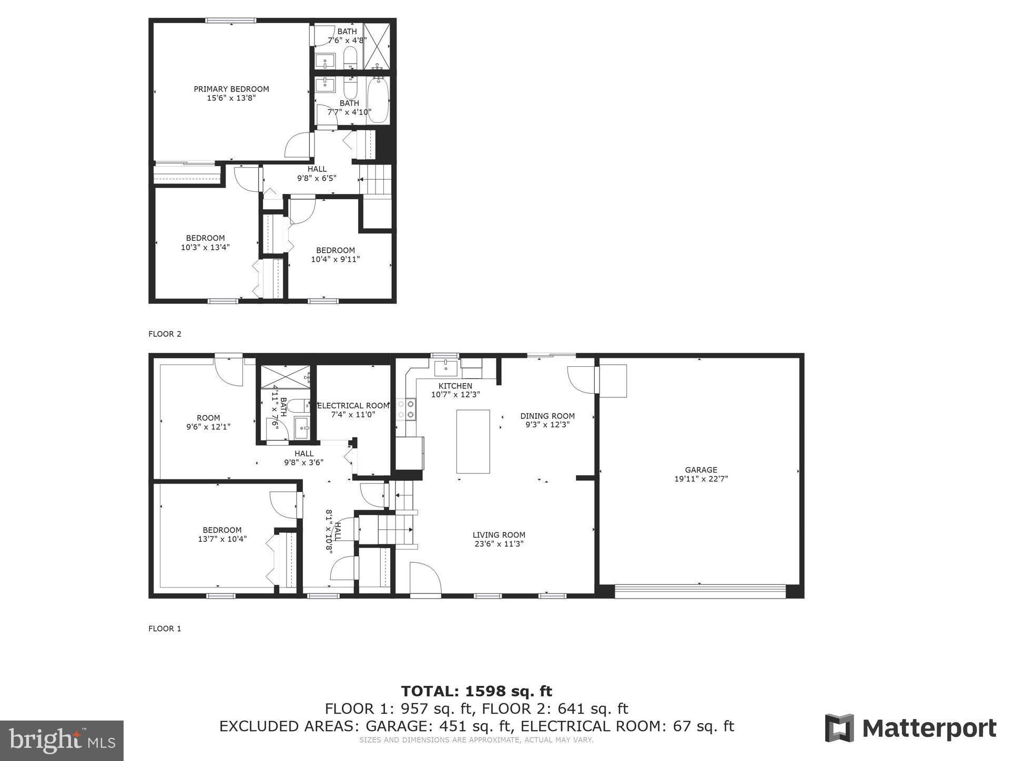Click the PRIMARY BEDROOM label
pyautogui.click(x=231, y=89)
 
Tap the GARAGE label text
pyautogui.click(x=701, y=470)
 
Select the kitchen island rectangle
pyautogui.click(x=473, y=441)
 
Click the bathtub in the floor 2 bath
pyautogui.click(x=378, y=100)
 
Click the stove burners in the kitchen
pyautogui.click(x=406, y=409)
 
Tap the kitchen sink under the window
pyautogui.click(x=446, y=366)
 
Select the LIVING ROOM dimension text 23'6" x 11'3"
pyautogui.click(x=499, y=544)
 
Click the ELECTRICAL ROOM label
pyautogui.click(x=353, y=406)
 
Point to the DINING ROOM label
pyautogui.click(x=547, y=416)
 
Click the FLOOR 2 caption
pyautogui.click(x=165, y=334)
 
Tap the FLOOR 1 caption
pyautogui.click(x=165, y=629)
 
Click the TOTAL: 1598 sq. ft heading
pyautogui.click(x=476, y=691)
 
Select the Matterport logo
pyautogui.click(x=910, y=728)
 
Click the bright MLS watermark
pyautogui.click(x=62, y=741)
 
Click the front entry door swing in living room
pyautogui.click(x=424, y=580)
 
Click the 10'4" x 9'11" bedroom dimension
pyautogui.click(x=336, y=259)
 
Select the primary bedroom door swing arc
pyautogui.click(x=298, y=145)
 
